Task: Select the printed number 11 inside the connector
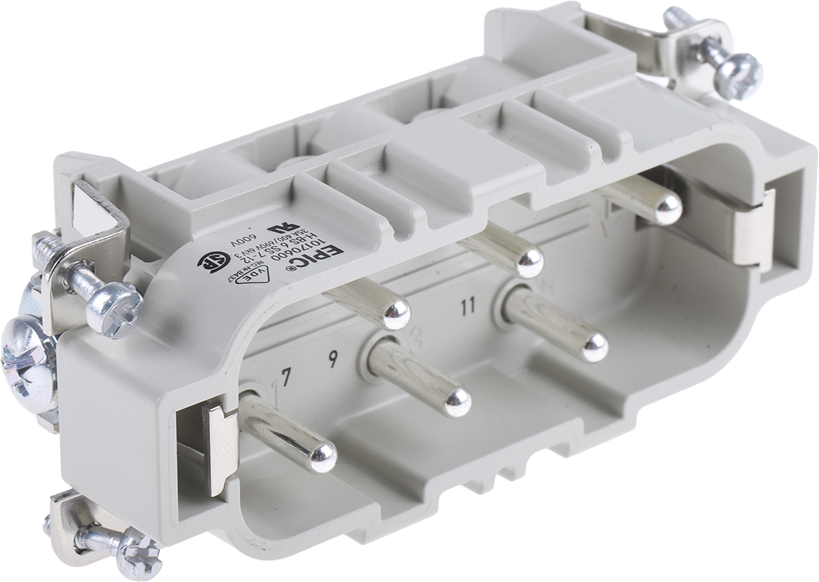[x=468, y=306]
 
